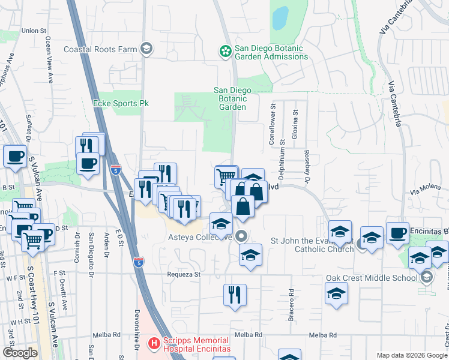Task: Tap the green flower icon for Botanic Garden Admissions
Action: click(225, 52)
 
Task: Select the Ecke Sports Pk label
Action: click(121, 103)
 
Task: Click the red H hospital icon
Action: click(154, 343)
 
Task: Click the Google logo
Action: click(20, 353)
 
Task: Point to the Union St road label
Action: click(34, 30)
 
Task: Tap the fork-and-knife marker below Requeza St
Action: click(234, 295)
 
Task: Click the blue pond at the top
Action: click(280, 19)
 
